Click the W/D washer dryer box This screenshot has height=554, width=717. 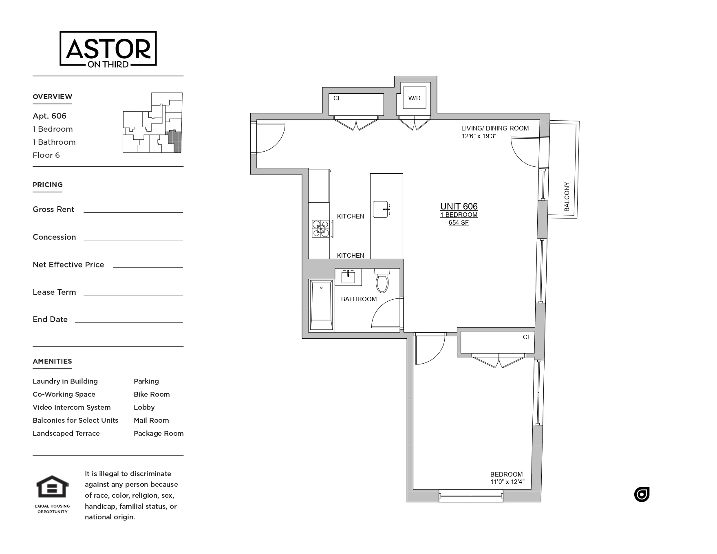(x=414, y=98)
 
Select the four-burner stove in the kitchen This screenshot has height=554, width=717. (x=320, y=229)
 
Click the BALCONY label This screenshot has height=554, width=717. (x=567, y=196)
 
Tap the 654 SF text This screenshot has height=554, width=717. (x=459, y=223)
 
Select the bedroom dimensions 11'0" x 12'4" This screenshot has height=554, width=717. (x=507, y=482)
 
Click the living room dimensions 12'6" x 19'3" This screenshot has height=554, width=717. (x=479, y=136)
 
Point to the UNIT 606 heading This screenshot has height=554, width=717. (x=459, y=206)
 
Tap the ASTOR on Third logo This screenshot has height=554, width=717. (x=108, y=49)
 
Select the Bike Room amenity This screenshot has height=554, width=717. (x=152, y=394)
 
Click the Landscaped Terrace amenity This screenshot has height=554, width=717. (x=66, y=433)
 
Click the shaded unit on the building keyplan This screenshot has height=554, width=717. (x=174, y=141)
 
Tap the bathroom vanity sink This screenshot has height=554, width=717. (x=348, y=277)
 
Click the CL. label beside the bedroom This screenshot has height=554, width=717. (x=527, y=337)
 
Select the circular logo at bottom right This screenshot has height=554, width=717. (x=642, y=494)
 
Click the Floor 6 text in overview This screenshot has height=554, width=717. (x=46, y=155)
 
